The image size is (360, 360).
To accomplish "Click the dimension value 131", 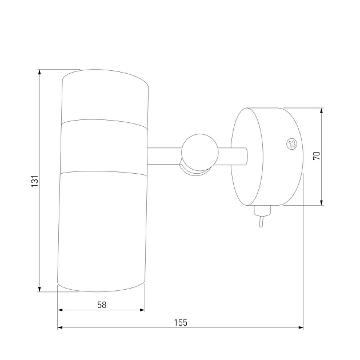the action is pyautogui.click(x=35, y=181).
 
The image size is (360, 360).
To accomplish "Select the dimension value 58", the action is pyautogui.click(x=102, y=305).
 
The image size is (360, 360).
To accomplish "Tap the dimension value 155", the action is pyautogui.click(x=181, y=323).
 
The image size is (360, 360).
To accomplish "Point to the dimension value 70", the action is pyautogui.click(x=317, y=156).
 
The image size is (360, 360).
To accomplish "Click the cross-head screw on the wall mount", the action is pyautogui.click(x=291, y=144).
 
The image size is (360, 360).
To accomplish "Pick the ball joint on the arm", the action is pyautogui.click(x=200, y=153).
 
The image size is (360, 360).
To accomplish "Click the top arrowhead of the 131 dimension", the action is pyautogui.click(x=39, y=72).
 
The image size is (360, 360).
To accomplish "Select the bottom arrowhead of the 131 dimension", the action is pyautogui.click(x=39, y=289).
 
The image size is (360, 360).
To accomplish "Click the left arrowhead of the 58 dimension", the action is pyautogui.click(x=60, y=310).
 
